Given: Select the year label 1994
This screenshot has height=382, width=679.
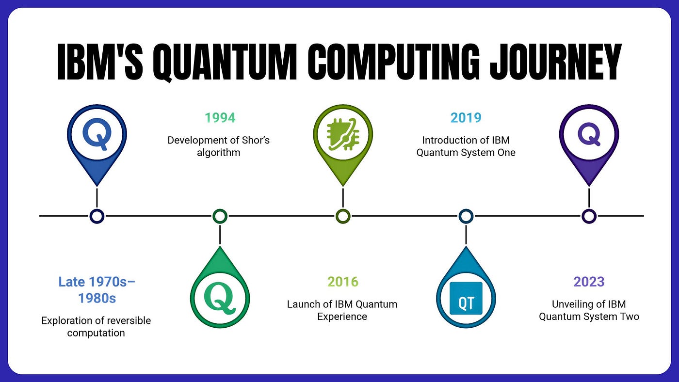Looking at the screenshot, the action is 220,118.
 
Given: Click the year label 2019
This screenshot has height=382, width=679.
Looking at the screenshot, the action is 466,118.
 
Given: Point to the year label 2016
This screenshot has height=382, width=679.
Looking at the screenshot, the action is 343,282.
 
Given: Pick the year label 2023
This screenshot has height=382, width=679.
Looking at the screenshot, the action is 589,282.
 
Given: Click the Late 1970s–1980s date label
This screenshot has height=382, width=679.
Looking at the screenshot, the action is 97,290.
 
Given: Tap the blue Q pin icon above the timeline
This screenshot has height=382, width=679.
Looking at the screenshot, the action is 97,145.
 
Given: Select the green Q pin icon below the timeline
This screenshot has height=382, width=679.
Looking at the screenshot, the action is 220,287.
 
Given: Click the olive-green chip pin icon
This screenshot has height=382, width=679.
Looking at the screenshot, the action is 343,145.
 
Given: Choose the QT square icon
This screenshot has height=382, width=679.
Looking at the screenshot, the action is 466,299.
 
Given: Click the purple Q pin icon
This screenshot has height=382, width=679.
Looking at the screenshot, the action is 589,145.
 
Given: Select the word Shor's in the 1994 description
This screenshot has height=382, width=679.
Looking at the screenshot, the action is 256,140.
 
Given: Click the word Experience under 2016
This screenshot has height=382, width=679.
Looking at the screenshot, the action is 342,317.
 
